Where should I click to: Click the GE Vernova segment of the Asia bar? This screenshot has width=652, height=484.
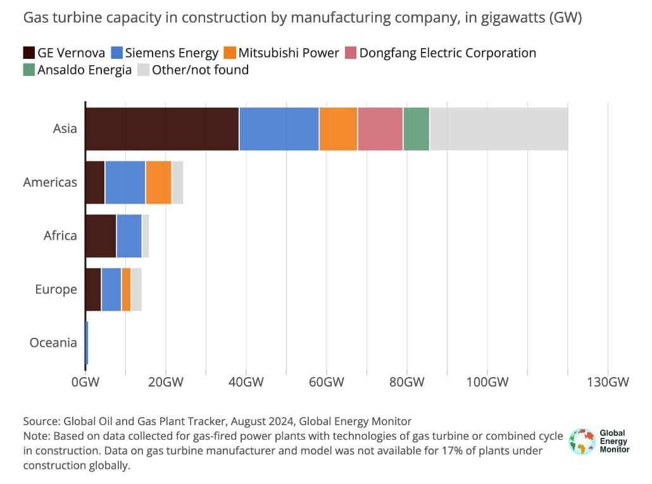[162, 129]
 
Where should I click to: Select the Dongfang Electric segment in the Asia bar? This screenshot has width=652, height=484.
[380, 129]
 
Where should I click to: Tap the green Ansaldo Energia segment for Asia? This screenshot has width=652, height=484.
[416, 129]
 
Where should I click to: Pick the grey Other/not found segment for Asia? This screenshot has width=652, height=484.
[499, 129]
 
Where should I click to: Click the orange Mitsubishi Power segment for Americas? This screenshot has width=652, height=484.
[158, 182]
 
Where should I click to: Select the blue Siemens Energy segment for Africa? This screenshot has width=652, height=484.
[129, 235]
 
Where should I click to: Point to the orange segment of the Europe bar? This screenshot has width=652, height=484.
[126, 289]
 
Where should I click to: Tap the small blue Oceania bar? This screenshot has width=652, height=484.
[87, 343]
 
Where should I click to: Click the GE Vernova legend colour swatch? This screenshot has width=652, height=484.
[29, 53]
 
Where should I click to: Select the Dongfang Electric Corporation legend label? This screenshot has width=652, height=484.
[448, 53]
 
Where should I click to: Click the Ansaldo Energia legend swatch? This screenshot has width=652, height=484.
[29, 70]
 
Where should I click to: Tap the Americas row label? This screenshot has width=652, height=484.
[50, 182]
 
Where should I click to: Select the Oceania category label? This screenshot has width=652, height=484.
[53, 343]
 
